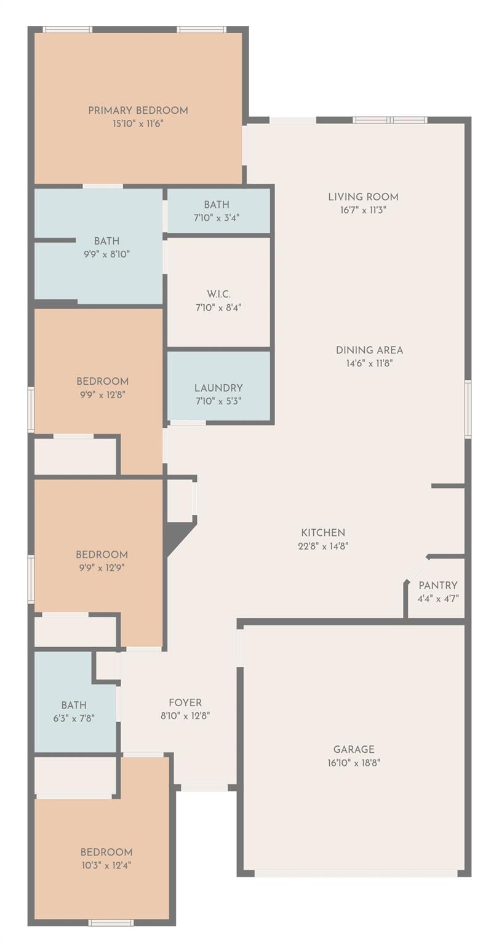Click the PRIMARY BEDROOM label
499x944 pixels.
[138, 111]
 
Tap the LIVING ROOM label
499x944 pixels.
[363, 197]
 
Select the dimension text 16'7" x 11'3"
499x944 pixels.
[363, 210]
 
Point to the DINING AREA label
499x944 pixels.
[369, 350]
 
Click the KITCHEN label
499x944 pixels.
[323, 533]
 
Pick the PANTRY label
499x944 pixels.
[438, 585]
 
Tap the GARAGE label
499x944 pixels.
[354, 749]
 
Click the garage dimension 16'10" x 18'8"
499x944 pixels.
[354, 762]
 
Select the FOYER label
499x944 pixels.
[185, 702]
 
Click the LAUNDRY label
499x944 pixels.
[218, 388]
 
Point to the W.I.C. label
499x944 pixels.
[218, 294]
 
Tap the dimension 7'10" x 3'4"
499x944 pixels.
[217, 218]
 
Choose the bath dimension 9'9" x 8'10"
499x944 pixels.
[106, 254]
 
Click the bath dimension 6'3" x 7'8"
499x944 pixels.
[74, 718]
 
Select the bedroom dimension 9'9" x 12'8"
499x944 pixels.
[103, 395]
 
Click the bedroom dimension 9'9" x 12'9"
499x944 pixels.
[102, 568]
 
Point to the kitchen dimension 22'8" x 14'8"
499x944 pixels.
[323, 546]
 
